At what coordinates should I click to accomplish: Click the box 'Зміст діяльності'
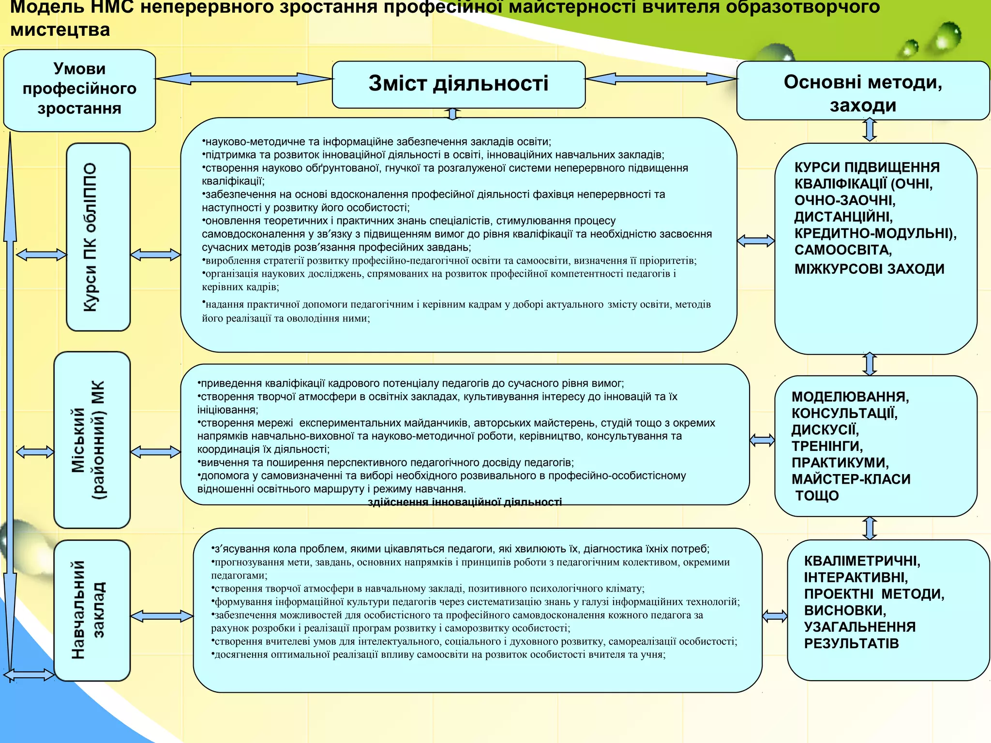(458, 84)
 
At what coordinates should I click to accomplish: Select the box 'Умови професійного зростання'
(79, 90)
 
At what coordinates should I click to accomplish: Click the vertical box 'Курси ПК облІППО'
(98, 237)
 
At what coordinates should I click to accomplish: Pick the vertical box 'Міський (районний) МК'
(92, 440)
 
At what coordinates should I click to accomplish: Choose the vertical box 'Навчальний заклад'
(92, 610)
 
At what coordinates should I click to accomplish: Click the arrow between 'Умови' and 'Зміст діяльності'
(243, 78)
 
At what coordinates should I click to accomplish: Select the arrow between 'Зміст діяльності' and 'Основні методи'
(661, 78)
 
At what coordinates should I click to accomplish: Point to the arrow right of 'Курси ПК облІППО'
(155, 254)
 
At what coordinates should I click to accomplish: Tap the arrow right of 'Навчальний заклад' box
(162, 616)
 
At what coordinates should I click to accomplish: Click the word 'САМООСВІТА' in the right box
(843, 250)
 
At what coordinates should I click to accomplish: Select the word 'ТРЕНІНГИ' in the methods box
(827, 446)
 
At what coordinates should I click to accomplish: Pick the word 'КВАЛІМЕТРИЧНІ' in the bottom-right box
(862, 561)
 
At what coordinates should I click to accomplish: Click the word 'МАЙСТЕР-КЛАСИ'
(851, 479)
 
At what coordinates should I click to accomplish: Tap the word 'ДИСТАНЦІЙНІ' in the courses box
(843, 217)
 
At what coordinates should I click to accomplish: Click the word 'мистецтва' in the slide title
(60, 30)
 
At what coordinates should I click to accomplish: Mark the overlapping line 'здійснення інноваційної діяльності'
(465, 503)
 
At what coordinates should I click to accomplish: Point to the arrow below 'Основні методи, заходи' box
(870, 130)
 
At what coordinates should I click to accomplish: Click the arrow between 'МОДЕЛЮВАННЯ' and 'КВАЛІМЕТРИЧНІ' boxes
(870, 528)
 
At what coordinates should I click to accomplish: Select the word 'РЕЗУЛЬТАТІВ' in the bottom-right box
(851, 644)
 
